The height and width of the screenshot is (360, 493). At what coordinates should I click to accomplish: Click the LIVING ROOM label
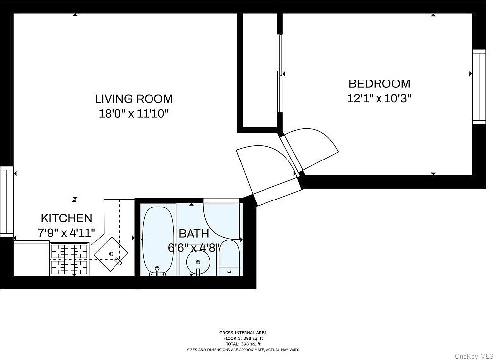click(134, 99)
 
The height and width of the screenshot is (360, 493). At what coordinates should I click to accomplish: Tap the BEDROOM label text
click(379, 84)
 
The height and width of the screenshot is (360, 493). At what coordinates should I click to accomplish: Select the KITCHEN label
click(67, 218)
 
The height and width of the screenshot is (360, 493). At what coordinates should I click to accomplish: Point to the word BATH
click(193, 234)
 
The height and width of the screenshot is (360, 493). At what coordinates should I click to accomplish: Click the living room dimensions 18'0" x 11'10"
click(134, 113)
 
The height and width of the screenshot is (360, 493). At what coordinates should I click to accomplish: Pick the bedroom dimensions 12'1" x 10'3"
click(379, 98)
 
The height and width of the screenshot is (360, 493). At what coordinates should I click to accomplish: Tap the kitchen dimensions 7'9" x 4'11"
click(67, 233)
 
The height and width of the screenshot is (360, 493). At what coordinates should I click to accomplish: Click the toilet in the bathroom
click(229, 258)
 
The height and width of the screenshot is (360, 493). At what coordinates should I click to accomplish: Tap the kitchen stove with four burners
click(69, 259)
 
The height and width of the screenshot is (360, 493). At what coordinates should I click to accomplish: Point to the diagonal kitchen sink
click(111, 254)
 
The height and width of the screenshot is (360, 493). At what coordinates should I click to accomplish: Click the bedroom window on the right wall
click(479, 87)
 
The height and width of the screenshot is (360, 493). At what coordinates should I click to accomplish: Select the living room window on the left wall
click(6, 201)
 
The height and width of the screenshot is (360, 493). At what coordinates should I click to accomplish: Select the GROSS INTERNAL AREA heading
click(243, 333)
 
